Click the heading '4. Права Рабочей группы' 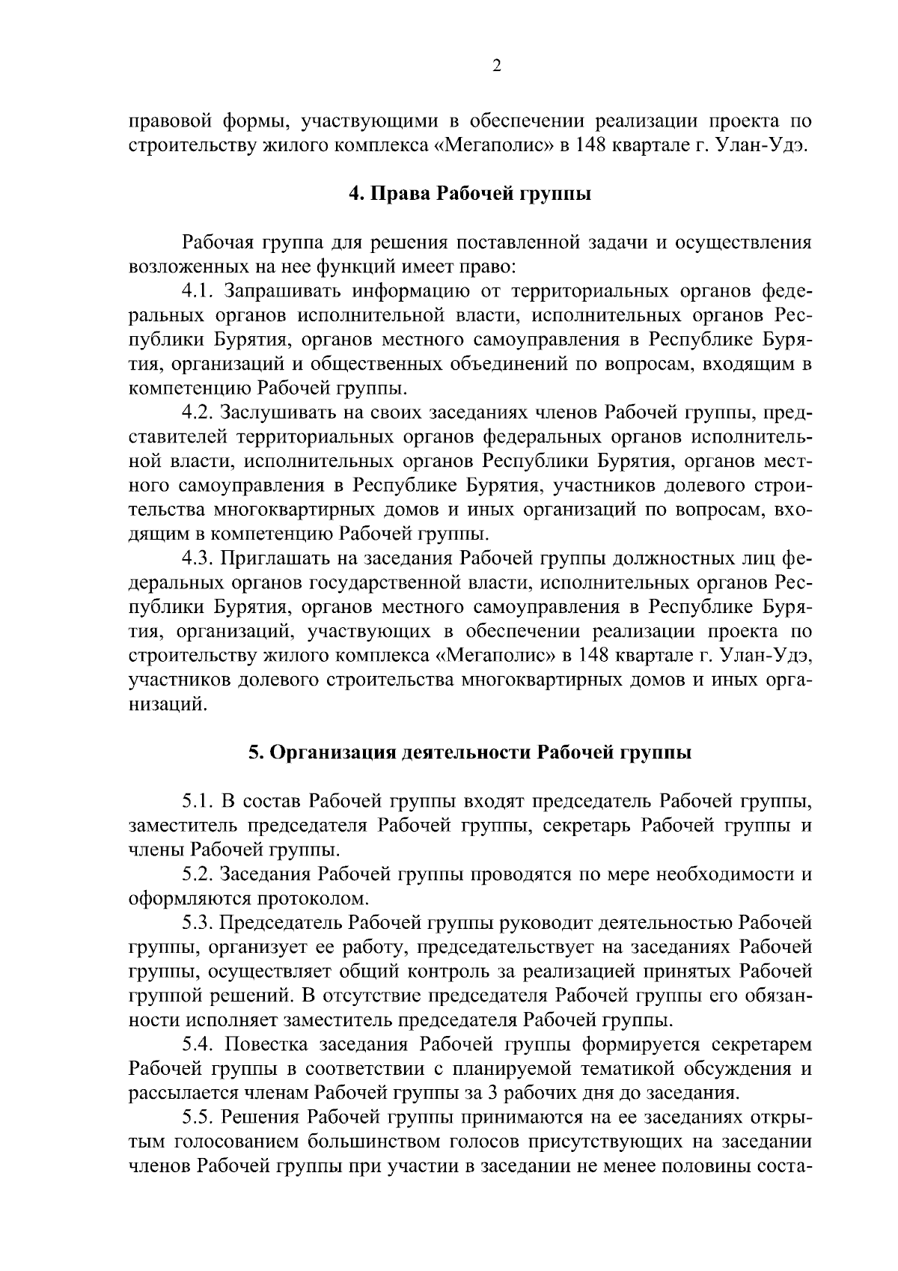(470, 194)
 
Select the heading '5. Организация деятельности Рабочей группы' (470, 752)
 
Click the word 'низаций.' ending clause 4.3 (168, 704)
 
